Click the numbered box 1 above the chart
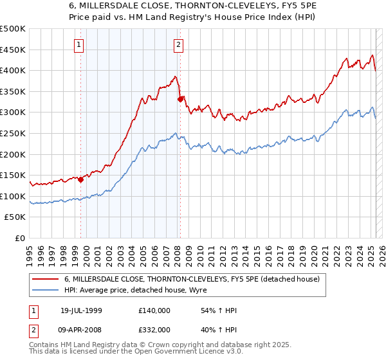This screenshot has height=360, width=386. (78, 45)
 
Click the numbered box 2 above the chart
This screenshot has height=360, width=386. (178, 45)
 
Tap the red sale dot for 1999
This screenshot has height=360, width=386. (81, 179)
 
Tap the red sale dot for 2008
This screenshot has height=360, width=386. (180, 99)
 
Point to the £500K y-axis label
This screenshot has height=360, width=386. (13, 29)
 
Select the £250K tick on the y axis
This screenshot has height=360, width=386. (13, 133)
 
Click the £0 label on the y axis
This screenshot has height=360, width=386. (19, 238)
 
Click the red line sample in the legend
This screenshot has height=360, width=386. (45, 279)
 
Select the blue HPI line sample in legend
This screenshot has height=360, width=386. (45, 290)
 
